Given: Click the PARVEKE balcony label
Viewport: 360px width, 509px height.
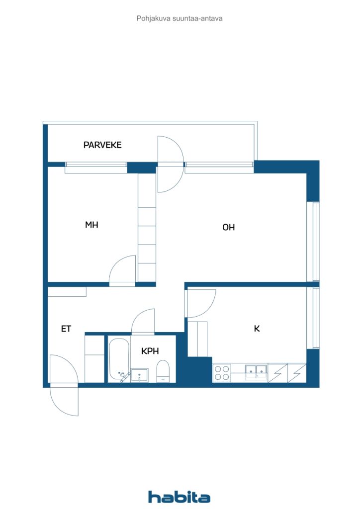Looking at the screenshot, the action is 102,145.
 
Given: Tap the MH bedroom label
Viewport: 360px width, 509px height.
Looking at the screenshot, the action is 91,225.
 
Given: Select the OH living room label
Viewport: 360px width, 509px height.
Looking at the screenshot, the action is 229,227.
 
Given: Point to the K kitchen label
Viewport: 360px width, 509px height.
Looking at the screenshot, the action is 257,329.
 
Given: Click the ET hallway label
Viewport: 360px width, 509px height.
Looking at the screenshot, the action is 66,329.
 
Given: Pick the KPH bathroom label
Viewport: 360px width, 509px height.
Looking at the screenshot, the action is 150,351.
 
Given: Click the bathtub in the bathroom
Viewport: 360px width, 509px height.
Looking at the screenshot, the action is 119,358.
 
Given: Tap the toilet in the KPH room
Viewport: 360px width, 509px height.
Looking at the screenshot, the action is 163,371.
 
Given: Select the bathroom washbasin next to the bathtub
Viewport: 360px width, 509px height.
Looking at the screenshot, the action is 139,375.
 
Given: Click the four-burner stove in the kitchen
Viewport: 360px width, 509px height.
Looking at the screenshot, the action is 222,373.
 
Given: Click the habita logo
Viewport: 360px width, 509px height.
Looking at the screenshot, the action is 179,497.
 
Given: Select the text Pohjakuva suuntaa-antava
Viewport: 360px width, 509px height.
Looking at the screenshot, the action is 180,18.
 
